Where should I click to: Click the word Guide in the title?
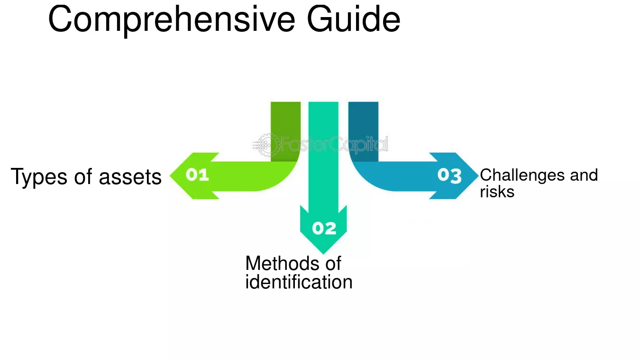click(354, 19)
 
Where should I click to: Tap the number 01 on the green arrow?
click(197, 175)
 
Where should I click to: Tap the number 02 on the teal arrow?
click(324, 228)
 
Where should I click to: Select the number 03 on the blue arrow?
click(449, 175)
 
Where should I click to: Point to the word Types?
click(39, 177)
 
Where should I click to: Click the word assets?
click(130, 177)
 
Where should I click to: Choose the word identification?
click(299, 282)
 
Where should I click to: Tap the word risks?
click(497, 192)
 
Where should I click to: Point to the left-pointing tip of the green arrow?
click(170, 175)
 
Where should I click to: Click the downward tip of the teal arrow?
click(323, 254)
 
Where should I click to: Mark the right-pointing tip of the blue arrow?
click(478, 175)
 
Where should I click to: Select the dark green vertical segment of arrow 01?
click(286, 131)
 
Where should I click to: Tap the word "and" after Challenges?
click(584, 175)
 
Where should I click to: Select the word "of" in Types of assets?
click(83, 177)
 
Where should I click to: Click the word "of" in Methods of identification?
click(333, 263)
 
